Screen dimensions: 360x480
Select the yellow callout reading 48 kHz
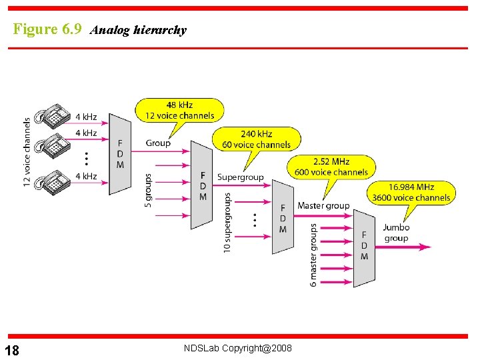pos(179,110)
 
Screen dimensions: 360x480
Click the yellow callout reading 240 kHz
pos(256,139)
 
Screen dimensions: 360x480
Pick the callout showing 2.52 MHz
pos(331,167)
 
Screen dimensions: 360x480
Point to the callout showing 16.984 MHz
pos(411,192)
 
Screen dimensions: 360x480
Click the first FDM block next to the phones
pos(120,154)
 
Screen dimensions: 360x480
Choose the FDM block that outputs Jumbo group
pos(364,246)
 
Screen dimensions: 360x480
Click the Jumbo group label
pos(396,233)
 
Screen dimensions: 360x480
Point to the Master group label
pos(323,205)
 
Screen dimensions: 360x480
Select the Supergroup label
pos(240,177)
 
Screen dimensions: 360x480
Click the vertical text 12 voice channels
pos(27,152)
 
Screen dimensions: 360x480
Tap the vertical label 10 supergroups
pos(227,223)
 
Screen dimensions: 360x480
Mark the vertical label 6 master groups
pos(313,255)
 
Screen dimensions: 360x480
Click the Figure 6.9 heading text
pos(47,29)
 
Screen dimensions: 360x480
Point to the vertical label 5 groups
pos(148,191)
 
